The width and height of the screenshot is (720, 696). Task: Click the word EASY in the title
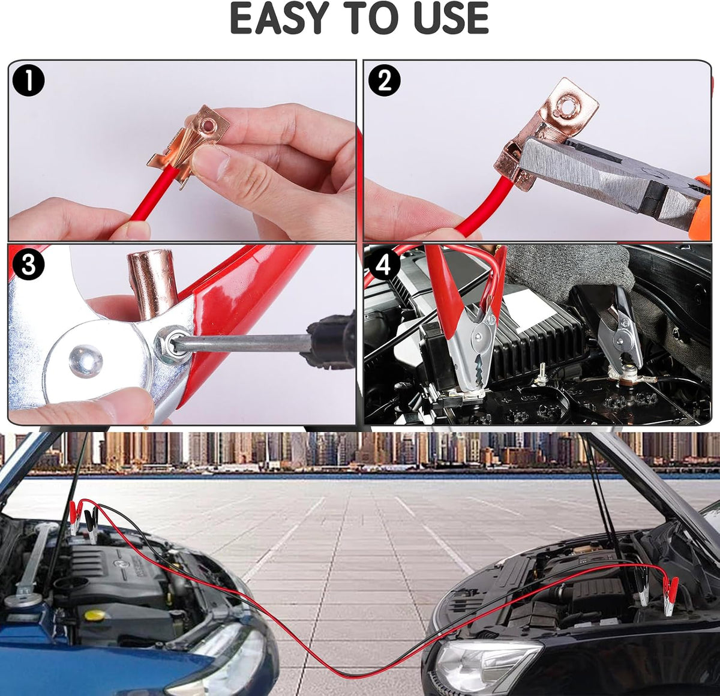280,18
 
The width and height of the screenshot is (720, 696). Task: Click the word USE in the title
451,18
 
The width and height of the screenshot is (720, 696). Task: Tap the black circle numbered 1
28,81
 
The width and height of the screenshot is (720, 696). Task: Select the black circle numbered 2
385,81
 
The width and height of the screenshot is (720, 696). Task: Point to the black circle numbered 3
28,265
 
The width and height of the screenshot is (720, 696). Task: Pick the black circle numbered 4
385,265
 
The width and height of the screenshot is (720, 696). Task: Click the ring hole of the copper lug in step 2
565,103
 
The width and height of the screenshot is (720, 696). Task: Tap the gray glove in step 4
566,272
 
